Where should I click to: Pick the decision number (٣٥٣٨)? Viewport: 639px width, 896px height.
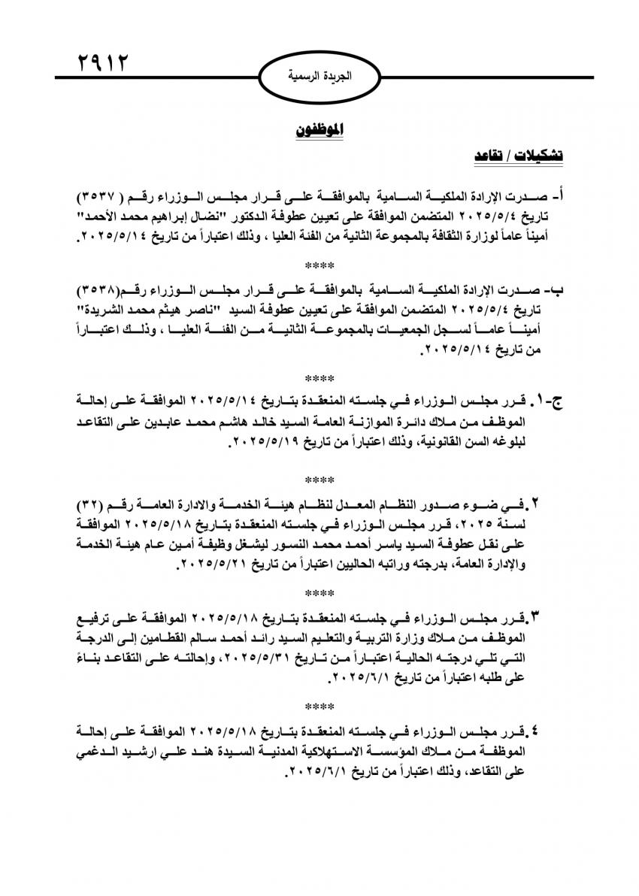pyautogui.click(x=102, y=291)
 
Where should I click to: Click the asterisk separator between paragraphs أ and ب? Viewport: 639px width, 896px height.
pyautogui.click(x=319, y=265)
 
